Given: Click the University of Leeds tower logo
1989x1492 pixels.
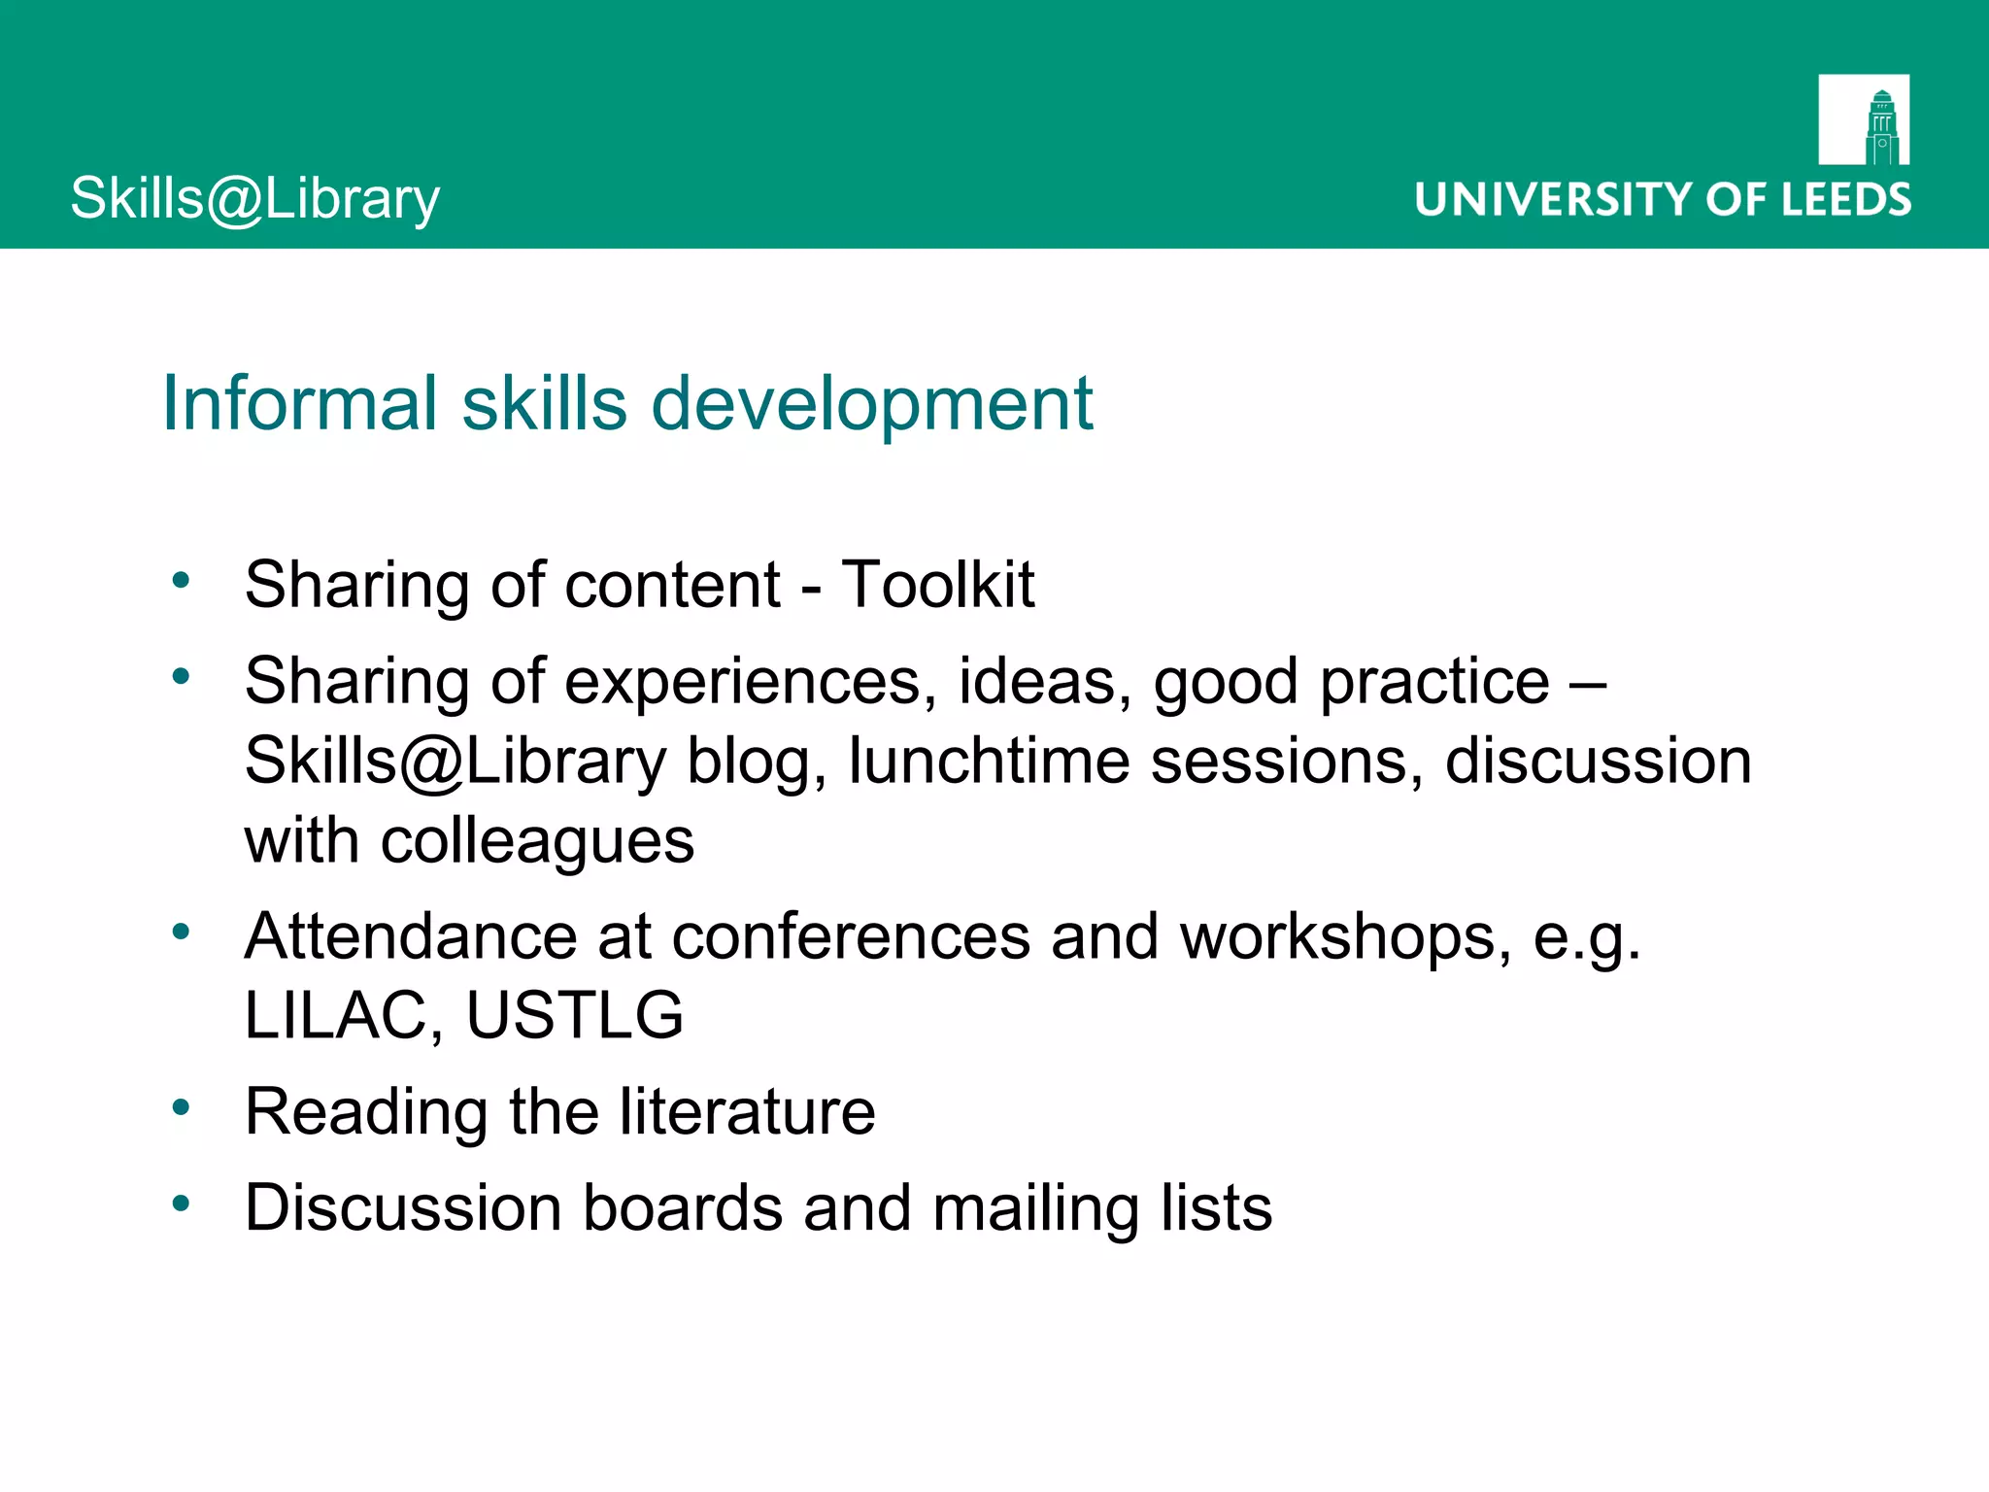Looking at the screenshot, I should pyautogui.click(x=1864, y=119).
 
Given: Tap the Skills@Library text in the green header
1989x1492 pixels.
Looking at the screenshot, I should pyautogui.click(x=255, y=199).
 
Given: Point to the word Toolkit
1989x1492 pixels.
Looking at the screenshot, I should pyautogui.click(x=938, y=585).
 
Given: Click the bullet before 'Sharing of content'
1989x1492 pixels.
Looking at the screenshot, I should pyautogui.click(x=181, y=580).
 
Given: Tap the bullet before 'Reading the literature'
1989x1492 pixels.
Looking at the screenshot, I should pyautogui.click(x=181, y=1106).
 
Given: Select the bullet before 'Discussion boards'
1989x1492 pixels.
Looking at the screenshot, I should pyautogui.click(x=181, y=1204).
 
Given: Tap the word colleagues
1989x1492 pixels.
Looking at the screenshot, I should pyautogui.click(x=537, y=841).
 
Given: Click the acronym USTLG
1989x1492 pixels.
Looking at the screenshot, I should pyautogui.click(x=575, y=1015).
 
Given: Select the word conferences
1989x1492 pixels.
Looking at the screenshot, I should pyautogui.click(x=851, y=936).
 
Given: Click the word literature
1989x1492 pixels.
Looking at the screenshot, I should pyautogui.click(x=747, y=1111).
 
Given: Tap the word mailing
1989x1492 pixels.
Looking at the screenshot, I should pyautogui.click(x=1035, y=1209).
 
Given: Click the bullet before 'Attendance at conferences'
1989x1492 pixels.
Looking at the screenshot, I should pyautogui.click(x=181, y=932).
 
